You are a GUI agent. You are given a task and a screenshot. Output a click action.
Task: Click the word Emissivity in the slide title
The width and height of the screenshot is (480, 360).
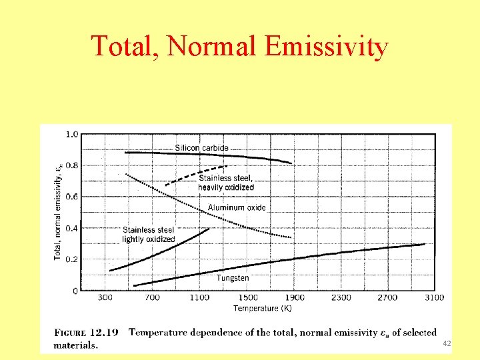(326, 47)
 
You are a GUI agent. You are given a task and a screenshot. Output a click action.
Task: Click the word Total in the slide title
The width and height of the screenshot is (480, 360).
(124, 47)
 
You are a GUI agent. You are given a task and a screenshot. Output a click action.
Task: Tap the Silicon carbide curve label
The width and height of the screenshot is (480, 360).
(201, 147)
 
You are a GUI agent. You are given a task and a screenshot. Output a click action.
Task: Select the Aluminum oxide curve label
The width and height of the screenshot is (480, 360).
(237, 207)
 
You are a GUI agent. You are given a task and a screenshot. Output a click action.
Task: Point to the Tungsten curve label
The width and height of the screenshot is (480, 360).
(233, 277)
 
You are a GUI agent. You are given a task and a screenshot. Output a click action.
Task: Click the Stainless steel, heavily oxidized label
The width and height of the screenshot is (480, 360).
(226, 183)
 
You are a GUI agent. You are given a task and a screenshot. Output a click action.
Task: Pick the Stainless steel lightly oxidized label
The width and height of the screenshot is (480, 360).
(149, 235)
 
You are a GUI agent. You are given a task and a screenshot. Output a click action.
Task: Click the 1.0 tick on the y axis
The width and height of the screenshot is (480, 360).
(71, 134)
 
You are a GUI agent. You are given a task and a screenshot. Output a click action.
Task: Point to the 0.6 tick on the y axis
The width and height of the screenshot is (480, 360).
(71, 197)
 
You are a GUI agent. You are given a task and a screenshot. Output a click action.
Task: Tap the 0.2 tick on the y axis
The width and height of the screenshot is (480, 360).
(71, 259)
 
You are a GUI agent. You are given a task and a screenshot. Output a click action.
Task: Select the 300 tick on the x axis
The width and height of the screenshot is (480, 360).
(105, 297)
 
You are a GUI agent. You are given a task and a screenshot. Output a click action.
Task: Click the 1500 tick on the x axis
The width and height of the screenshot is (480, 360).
(247, 297)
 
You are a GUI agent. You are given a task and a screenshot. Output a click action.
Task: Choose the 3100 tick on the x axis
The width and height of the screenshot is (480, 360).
(434, 297)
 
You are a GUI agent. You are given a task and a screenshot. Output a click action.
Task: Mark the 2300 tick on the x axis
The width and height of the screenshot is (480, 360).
(341, 297)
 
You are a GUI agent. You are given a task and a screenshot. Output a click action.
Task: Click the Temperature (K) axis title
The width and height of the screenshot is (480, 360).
(262, 308)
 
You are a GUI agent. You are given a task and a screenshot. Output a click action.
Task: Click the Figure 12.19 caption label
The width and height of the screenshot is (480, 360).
(86, 332)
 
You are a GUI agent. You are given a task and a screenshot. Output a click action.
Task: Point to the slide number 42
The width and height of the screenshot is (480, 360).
(447, 343)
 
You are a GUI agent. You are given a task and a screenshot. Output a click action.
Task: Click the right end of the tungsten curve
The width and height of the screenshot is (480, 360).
(424, 244)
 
